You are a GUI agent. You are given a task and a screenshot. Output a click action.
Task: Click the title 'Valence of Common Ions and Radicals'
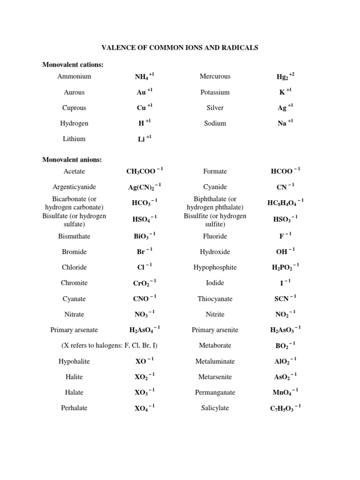180,48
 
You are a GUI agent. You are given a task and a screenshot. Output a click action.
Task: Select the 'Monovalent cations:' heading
73,64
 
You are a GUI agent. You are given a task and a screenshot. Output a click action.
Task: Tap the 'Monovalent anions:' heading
72,160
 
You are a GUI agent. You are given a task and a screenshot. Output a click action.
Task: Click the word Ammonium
74,76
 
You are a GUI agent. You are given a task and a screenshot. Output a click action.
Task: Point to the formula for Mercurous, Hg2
285,76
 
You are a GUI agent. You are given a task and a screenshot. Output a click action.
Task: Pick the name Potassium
215,92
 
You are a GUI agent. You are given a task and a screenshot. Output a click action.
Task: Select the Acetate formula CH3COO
144,172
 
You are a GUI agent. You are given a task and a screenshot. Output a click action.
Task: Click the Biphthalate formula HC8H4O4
285,202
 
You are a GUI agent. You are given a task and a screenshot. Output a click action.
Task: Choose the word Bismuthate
74,236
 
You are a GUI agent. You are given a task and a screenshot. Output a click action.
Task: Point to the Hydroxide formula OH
285,252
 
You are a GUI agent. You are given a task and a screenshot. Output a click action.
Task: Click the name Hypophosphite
215,267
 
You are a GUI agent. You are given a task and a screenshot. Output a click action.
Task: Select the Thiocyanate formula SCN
285,299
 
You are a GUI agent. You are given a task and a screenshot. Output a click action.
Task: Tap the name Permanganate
215,392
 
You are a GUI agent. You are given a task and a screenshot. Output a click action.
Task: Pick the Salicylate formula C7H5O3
285,408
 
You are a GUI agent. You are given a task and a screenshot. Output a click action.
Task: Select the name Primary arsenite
215,330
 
